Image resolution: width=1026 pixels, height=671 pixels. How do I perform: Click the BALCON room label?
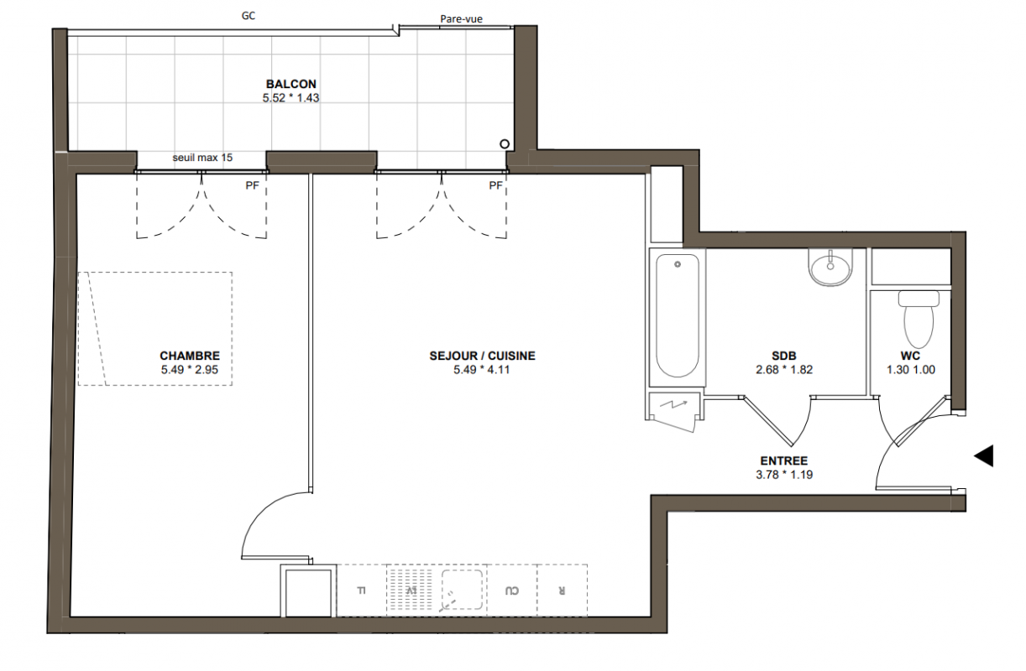pyautogui.click(x=291, y=84)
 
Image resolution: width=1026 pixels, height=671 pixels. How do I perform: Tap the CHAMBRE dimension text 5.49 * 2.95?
pyautogui.click(x=190, y=370)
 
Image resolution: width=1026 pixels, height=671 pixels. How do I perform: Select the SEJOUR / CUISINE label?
pyautogui.click(x=482, y=356)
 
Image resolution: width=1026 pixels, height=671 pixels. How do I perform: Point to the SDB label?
pyautogui.click(x=784, y=356)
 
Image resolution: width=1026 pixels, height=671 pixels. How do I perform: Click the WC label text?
pyautogui.click(x=910, y=356)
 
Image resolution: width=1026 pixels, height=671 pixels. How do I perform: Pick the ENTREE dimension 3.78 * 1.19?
pyautogui.click(x=784, y=475)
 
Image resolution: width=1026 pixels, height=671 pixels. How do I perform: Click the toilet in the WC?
pyautogui.click(x=919, y=319)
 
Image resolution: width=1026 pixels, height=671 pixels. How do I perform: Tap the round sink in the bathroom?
pyautogui.click(x=830, y=268)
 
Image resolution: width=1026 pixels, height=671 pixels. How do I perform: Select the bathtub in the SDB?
pyautogui.click(x=678, y=316)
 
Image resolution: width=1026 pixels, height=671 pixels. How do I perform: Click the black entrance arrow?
pyautogui.click(x=984, y=455)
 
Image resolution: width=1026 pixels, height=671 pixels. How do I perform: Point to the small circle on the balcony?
pyautogui.click(x=505, y=143)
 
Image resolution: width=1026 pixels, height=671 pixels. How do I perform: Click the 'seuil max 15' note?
pyautogui.click(x=202, y=158)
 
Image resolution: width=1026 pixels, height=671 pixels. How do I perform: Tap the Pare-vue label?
pyautogui.click(x=461, y=19)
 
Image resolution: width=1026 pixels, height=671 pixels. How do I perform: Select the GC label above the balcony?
pyautogui.click(x=249, y=16)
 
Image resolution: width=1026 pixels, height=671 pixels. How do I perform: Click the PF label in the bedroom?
pyautogui.click(x=253, y=185)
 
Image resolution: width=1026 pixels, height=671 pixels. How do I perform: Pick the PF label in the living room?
pyautogui.click(x=496, y=185)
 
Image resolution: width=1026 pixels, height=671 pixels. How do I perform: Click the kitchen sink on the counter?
pyautogui.click(x=462, y=590)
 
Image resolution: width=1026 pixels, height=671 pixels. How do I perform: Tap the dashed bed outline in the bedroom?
pyautogui.click(x=154, y=329)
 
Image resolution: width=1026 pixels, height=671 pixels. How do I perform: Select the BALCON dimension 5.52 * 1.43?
pyautogui.click(x=291, y=98)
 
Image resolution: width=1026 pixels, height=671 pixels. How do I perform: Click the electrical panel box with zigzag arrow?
pyautogui.click(x=673, y=409)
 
